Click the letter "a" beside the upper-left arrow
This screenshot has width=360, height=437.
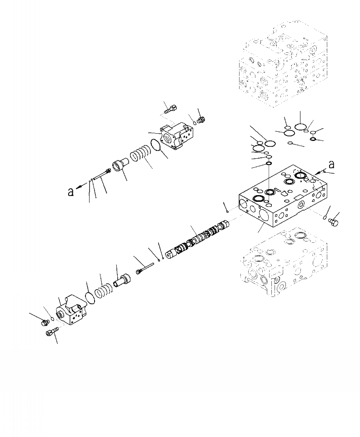pos(70,192)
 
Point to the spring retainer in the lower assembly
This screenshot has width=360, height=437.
pos(121,276)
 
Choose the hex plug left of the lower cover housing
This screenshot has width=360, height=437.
pos(45,322)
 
